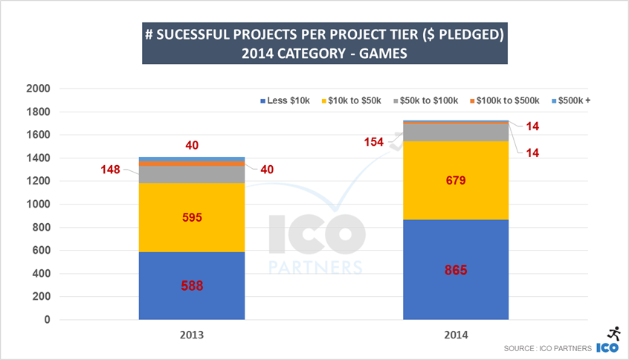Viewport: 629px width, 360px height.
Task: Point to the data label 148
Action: click(x=112, y=170)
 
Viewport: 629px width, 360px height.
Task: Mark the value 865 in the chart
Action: click(x=455, y=270)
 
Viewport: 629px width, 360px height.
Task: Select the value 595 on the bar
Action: click(x=193, y=218)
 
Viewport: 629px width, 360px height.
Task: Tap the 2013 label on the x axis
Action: click(x=192, y=335)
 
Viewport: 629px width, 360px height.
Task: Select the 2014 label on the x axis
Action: click(x=455, y=335)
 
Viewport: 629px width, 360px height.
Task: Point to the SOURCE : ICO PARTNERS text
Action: click(x=546, y=348)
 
